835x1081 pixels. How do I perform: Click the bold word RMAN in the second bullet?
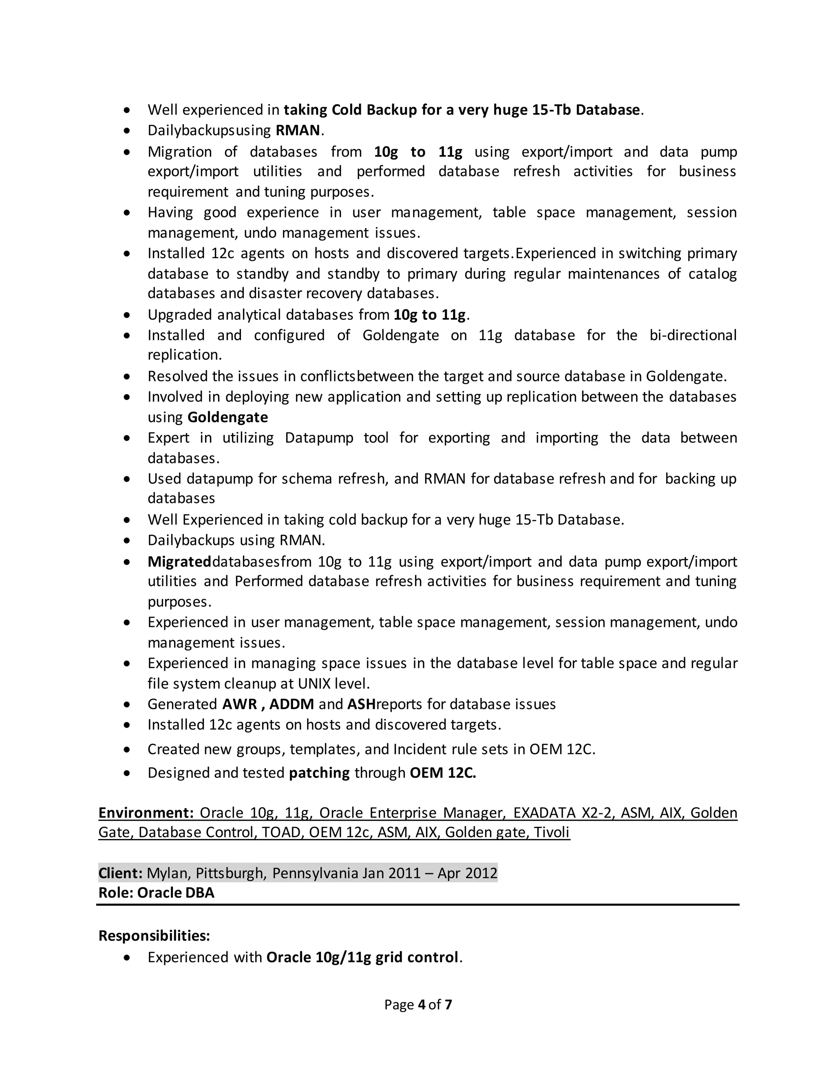298,130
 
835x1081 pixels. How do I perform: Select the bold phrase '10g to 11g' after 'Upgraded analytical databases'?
429,315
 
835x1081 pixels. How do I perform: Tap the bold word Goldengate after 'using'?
228,417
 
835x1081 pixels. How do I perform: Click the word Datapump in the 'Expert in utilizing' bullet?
319,438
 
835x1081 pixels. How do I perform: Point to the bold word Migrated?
179,562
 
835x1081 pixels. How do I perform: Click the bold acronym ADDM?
292,704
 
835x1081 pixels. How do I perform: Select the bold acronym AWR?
239,704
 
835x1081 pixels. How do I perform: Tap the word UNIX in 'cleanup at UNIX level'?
315,684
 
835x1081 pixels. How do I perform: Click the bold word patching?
319,773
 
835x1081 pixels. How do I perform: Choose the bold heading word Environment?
146,813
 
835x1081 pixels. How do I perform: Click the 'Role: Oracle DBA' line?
156,893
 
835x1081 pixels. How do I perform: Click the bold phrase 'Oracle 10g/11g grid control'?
362,958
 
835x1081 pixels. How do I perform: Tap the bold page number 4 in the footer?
422,1005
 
